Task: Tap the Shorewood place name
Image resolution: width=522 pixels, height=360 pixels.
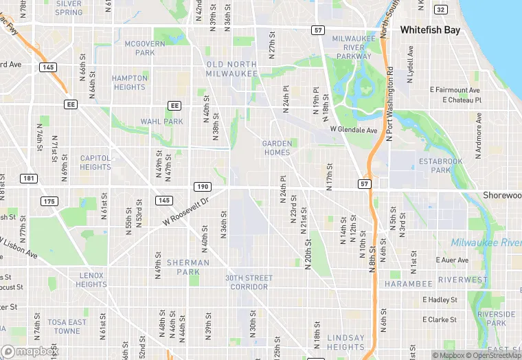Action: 502,195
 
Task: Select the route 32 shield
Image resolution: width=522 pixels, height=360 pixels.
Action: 441,9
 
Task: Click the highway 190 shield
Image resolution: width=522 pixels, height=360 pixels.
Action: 202,186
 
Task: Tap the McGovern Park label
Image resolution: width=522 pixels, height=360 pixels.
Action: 145,48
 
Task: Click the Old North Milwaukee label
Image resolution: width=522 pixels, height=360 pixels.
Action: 231,69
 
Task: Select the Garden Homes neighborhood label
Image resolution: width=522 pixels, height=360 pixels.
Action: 277,148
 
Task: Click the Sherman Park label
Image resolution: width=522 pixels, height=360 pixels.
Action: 188,267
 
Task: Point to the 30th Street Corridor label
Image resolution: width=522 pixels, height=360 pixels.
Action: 249,282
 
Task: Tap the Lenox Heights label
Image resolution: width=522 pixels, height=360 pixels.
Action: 91,280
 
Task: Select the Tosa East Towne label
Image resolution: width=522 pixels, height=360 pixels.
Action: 67,326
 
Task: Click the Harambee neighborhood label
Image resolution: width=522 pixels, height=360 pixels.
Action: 408,283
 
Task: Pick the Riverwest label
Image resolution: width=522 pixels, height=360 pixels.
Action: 462,280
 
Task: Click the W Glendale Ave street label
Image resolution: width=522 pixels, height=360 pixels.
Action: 354,129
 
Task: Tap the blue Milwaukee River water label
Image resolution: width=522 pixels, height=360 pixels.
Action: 486,243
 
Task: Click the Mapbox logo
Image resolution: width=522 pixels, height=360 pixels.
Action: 30,351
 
